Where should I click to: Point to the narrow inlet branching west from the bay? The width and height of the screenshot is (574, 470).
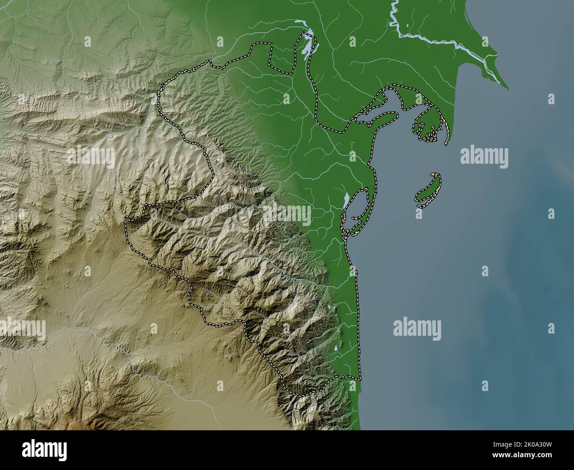(366, 118)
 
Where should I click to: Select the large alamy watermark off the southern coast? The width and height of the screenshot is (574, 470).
(417, 328)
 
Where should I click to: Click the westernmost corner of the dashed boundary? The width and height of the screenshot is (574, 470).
(125, 218)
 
